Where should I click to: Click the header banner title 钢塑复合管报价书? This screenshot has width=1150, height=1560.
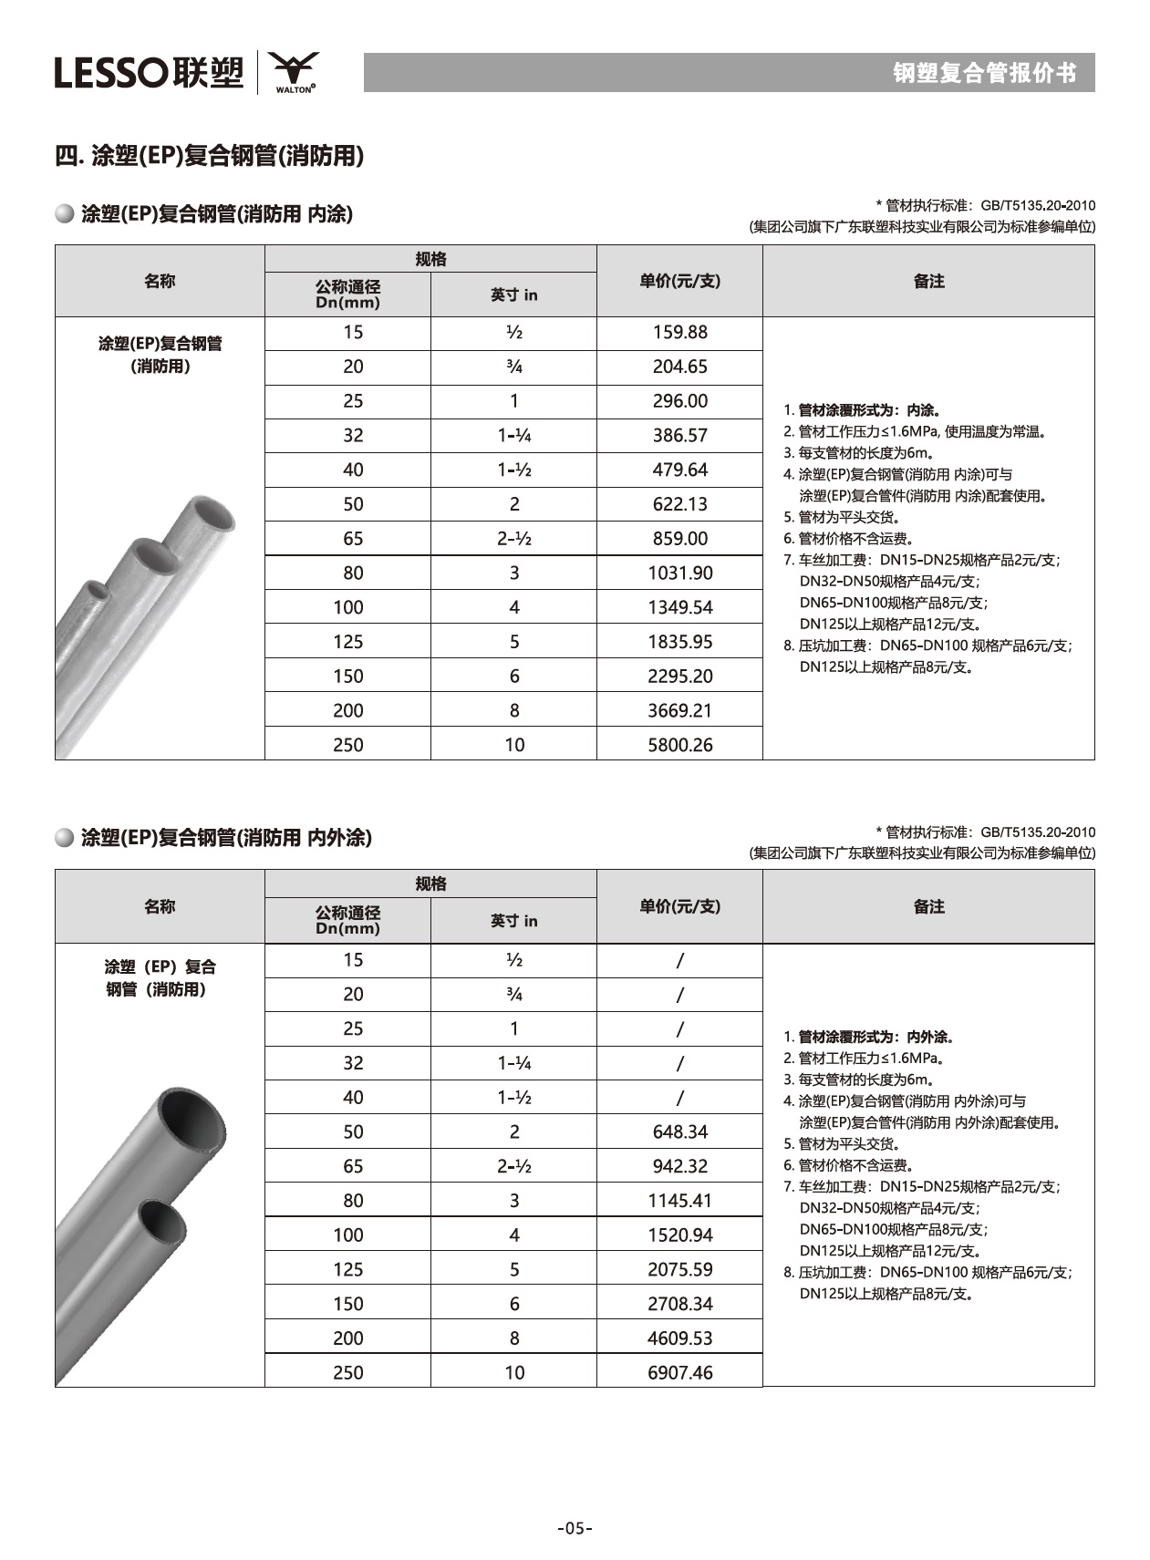984,73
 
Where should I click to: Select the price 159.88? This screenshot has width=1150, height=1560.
679,333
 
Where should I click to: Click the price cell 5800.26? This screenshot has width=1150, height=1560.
679,745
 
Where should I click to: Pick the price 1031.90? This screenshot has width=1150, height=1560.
679,573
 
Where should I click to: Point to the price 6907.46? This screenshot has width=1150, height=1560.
679,1372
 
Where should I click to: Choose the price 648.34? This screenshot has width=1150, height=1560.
679,1131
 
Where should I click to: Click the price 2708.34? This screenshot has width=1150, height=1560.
679,1304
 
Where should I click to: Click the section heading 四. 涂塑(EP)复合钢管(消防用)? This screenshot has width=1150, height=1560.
210,156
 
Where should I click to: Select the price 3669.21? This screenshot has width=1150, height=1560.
679,710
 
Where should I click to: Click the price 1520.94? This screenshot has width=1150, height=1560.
679,1235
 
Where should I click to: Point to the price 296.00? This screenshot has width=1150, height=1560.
679,401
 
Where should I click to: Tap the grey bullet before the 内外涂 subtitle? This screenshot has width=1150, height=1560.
65,838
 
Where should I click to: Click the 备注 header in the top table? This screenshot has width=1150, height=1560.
928,282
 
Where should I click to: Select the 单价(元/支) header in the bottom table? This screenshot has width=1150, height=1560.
679,906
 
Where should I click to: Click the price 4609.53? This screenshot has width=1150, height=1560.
679,1338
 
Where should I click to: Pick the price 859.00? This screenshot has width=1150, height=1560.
679,539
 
